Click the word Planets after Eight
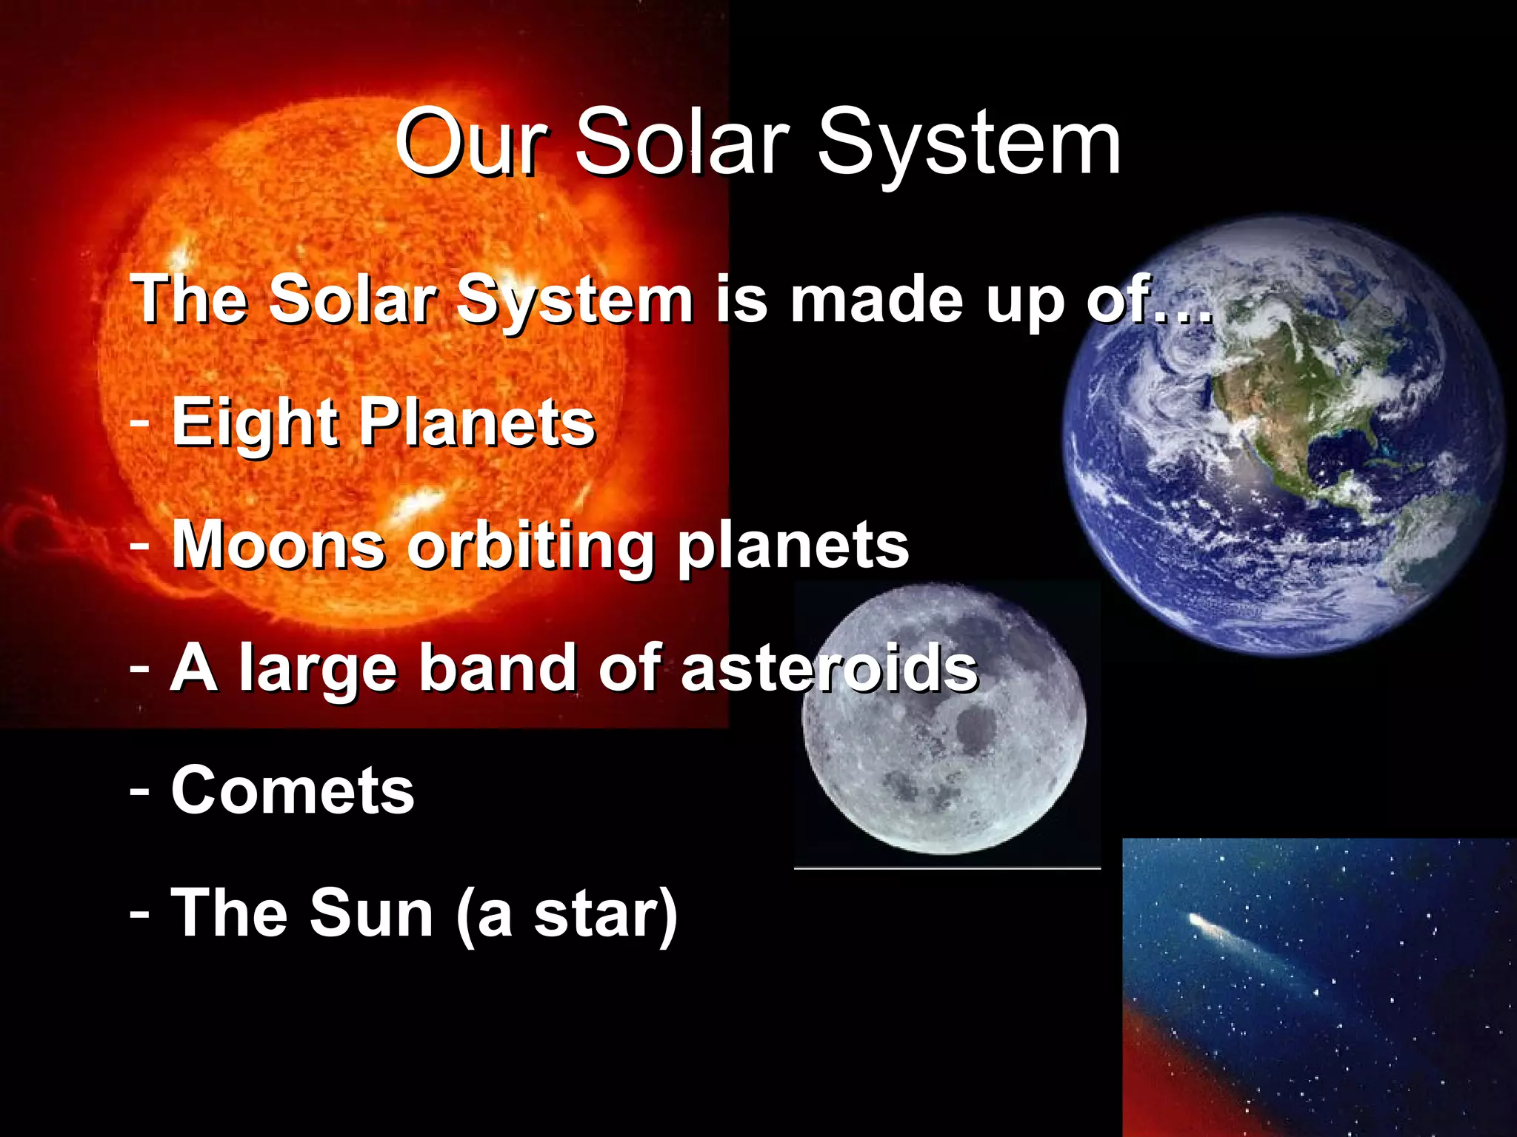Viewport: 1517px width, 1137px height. coord(478,423)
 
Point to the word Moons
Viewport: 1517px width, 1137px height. coord(279,546)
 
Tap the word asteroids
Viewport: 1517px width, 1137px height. coord(830,668)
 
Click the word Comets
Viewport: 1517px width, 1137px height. coord(293,791)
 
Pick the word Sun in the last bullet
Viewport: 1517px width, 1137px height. coord(370,913)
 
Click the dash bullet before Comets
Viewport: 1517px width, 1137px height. coord(139,791)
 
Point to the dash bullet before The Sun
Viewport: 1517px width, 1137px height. coord(139,913)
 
